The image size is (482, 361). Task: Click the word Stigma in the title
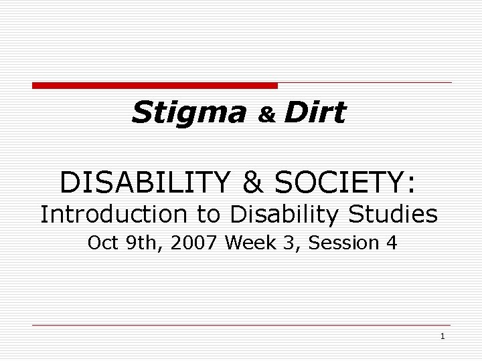tap(189, 113)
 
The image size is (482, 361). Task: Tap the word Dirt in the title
tap(314, 112)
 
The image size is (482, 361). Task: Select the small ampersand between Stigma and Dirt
tap(268, 115)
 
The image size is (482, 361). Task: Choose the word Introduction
tap(110, 215)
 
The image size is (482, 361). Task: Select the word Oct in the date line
tap(102, 243)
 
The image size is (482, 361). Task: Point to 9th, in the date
tap(141, 243)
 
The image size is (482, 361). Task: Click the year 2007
tap(195, 243)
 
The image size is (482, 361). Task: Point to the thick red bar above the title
tap(155, 86)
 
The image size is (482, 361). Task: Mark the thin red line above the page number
tap(242, 326)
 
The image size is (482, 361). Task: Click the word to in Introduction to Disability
tap(209, 215)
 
